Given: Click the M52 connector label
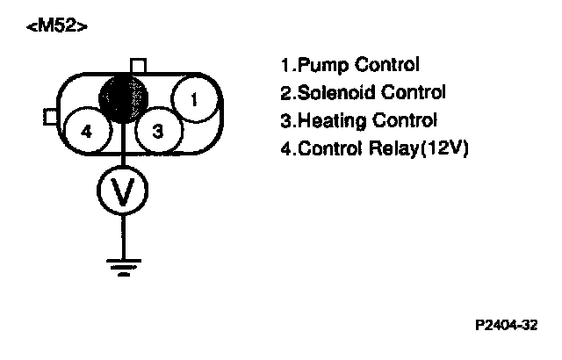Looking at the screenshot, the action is coord(58,26).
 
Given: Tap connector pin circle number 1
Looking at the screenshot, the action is coord(194,98).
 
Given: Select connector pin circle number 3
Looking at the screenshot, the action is coord(158,132).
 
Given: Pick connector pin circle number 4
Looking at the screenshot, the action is coord(86,132).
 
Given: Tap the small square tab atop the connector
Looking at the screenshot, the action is coord(137,65).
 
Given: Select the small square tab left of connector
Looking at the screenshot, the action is coord(51,117).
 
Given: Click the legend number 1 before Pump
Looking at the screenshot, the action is coord(285,66).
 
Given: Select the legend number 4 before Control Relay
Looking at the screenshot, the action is coord(285,148).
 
